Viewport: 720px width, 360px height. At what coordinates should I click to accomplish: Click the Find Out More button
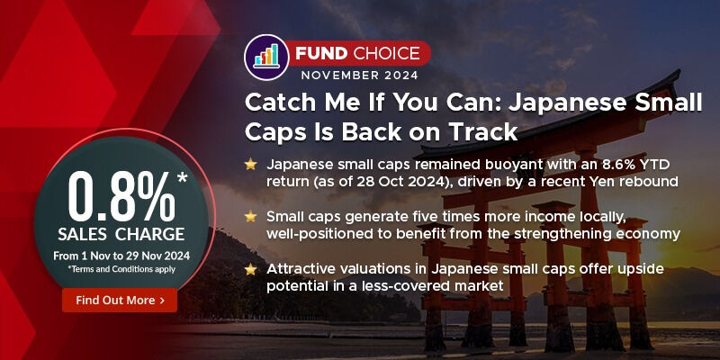click(120, 300)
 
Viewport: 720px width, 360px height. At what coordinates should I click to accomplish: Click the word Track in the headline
click(487, 131)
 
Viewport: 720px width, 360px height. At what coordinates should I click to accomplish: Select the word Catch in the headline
click(278, 102)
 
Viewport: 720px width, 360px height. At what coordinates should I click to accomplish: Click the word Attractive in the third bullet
click(301, 267)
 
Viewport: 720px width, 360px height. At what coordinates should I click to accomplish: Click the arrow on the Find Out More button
click(162, 300)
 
